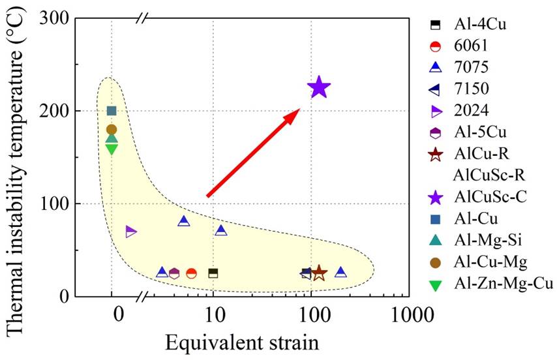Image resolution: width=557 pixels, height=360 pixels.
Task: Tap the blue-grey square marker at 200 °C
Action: pyautogui.click(x=112, y=111)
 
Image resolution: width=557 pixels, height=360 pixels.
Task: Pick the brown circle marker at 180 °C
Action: pyautogui.click(x=112, y=129)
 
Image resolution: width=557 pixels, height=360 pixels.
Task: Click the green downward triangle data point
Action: pyautogui.click(x=112, y=149)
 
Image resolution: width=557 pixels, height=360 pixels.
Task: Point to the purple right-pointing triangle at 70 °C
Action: pyautogui.click(x=131, y=232)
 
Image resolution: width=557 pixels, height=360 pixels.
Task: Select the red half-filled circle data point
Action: pyautogui.click(x=191, y=273)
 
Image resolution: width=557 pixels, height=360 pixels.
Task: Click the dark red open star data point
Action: pyautogui.click(x=319, y=273)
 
